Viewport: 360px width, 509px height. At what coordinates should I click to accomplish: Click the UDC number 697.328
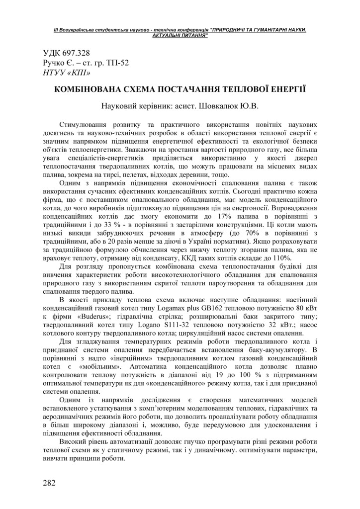click(x=77, y=53)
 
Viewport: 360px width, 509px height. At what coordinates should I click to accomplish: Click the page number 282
click(x=49, y=483)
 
